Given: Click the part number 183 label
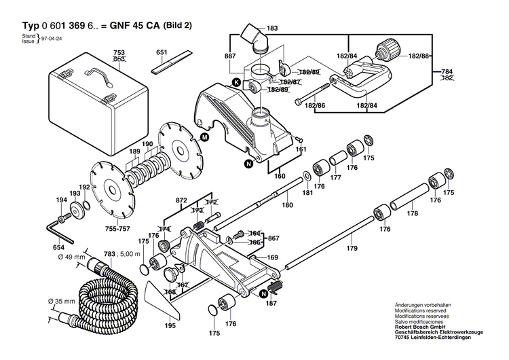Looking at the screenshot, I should click(x=272, y=28).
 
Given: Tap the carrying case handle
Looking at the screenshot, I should click(x=95, y=78).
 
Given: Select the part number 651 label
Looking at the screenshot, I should click(x=162, y=52).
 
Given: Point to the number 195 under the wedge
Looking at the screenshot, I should click(x=170, y=326).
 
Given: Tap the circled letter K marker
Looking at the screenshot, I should click(x=236, y=82).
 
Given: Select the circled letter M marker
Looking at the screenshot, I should click(x=204, y=137).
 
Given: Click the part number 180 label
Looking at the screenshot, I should click(x=288, y=204).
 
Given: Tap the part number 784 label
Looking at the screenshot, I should click(x=447, y=71).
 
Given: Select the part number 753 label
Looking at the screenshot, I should click(x=119, y=53).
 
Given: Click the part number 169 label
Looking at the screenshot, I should click(x=271, y=257).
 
